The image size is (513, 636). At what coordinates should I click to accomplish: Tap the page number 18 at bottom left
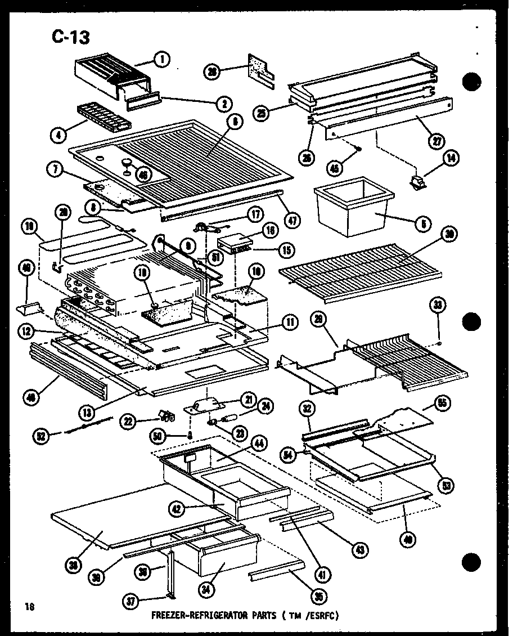(28, 606)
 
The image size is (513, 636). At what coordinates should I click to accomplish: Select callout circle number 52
(42, 435)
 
